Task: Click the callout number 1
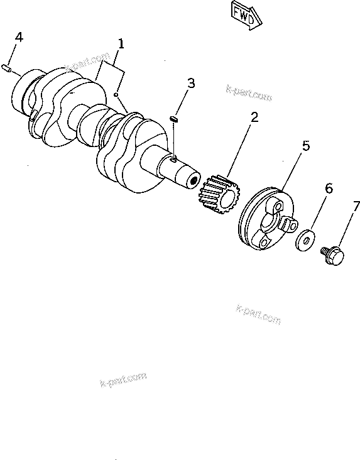coord(120,44)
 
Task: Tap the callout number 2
coord(254,117)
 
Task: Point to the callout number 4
coord(19,38)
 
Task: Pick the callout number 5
coord(305,146)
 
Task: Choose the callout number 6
coord(328,189)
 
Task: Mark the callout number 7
coord(356,206)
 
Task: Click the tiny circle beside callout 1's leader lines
coord(116,95)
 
